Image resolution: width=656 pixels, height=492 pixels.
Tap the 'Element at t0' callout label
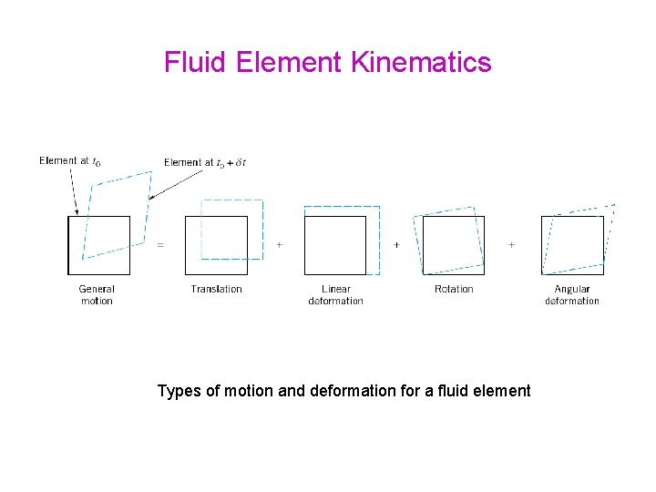(x=70, y=161)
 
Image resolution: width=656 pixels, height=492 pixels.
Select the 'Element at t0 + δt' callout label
(x=204, y=162)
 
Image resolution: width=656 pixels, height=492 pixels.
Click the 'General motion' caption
(x=97, y=294)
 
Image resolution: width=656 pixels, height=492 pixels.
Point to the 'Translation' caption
(x=217, y=289)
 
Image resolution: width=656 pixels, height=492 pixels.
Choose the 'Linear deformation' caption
(x=335, y=294)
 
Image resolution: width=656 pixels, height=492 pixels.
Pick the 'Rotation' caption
(x=454, y=289)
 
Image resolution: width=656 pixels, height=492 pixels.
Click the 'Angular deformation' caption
(x=572, y=294)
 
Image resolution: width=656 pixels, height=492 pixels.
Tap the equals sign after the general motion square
(x=161, y=244)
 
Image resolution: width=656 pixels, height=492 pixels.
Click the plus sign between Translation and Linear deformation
(x=279, y=244)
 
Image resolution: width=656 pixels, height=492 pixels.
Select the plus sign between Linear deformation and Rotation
(x=396, y=244)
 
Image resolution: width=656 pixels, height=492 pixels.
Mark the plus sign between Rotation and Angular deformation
(x=511, y=244)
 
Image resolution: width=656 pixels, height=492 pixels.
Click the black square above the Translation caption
(x=216, y=245)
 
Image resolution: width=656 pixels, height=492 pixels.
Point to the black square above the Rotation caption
(x=454, y=245)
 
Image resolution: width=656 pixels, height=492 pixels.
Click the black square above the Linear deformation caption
(x=335, y=245)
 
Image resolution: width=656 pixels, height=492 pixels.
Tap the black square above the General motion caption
(x=99, y=245)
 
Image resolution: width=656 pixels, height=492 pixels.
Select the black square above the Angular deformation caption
(x=572, y=245)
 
